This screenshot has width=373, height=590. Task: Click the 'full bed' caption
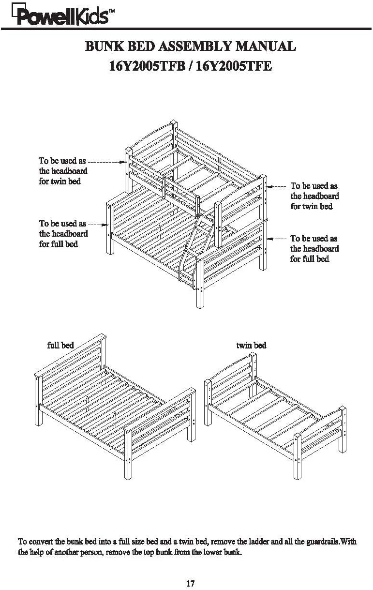point(60,345)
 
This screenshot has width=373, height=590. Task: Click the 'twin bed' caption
point(251,345)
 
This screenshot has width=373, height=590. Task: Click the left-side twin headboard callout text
point(63,170)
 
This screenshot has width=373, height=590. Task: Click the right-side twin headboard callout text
point(314,196)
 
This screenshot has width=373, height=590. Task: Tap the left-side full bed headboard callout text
point(63,233)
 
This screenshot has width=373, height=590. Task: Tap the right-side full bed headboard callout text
point(314,248)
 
